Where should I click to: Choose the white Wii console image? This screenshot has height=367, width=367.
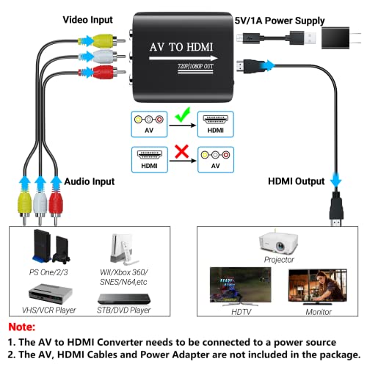coord(120,250)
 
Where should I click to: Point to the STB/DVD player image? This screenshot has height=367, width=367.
coord(126,298)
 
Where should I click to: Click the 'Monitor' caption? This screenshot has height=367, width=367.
coord(316,311)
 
